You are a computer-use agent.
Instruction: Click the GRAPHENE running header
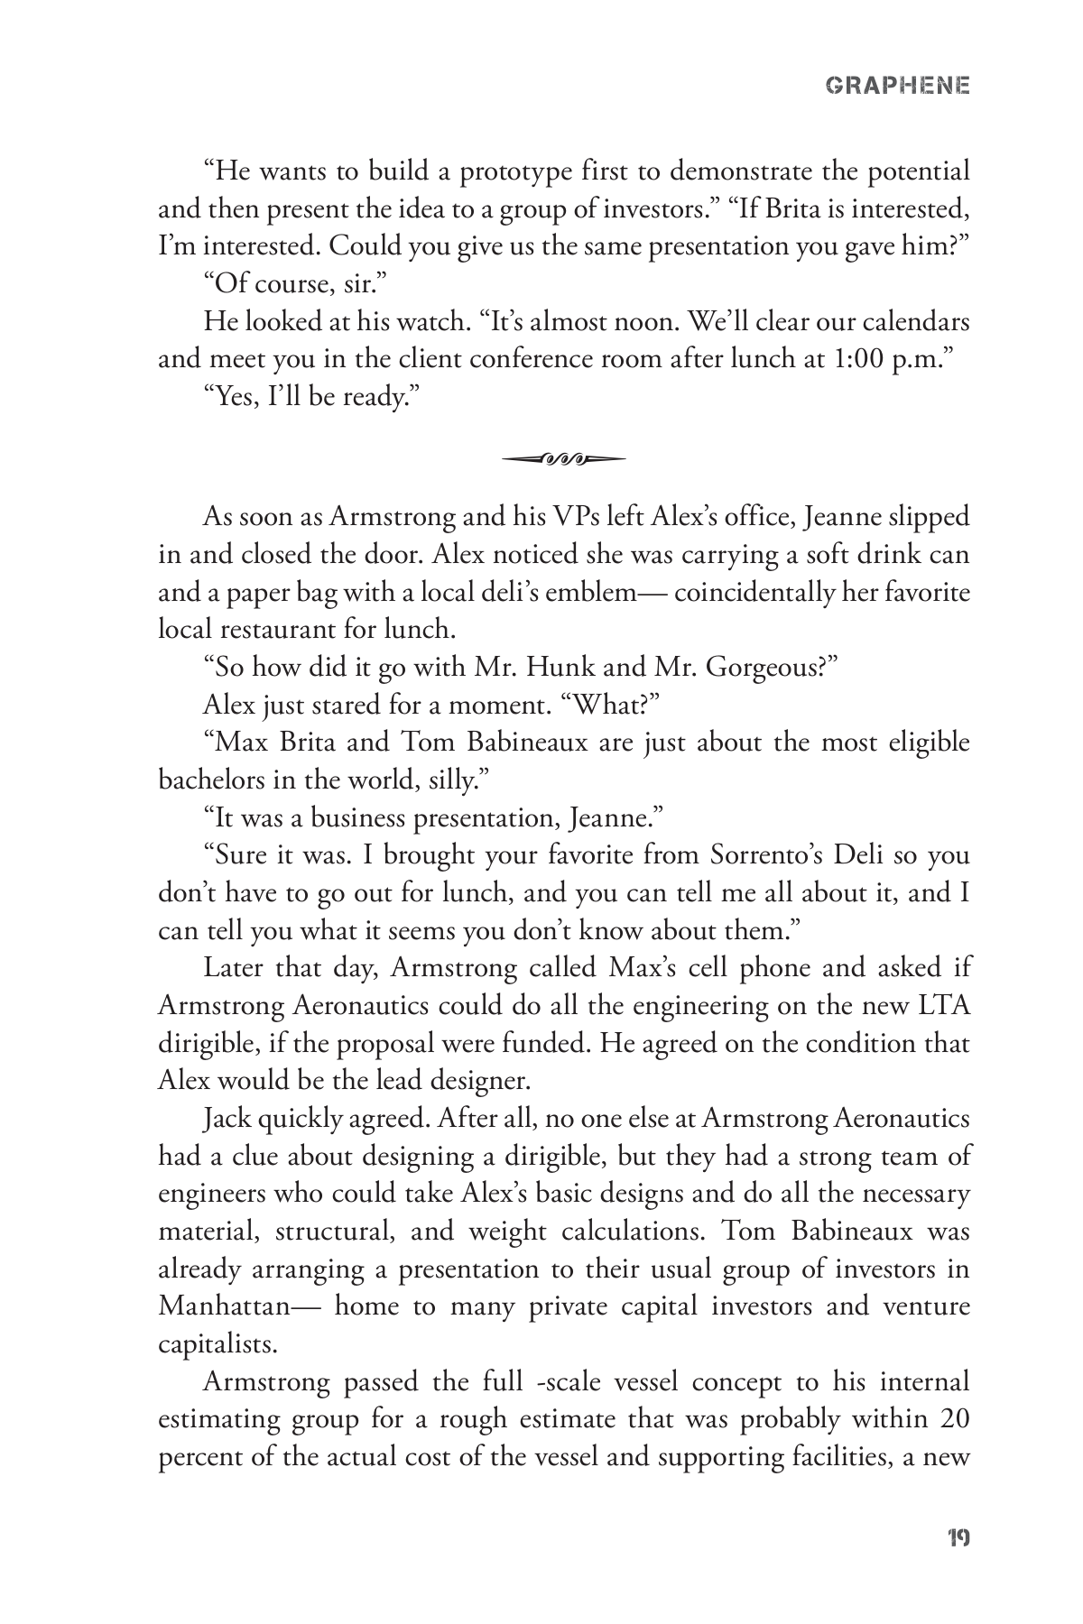click(x=898, y=86)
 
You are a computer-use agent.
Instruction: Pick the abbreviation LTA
click(x=944, y=1006)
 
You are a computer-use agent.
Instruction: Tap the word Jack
click(x=227, y=1119)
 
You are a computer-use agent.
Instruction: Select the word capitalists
click(x=217, y=1344)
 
